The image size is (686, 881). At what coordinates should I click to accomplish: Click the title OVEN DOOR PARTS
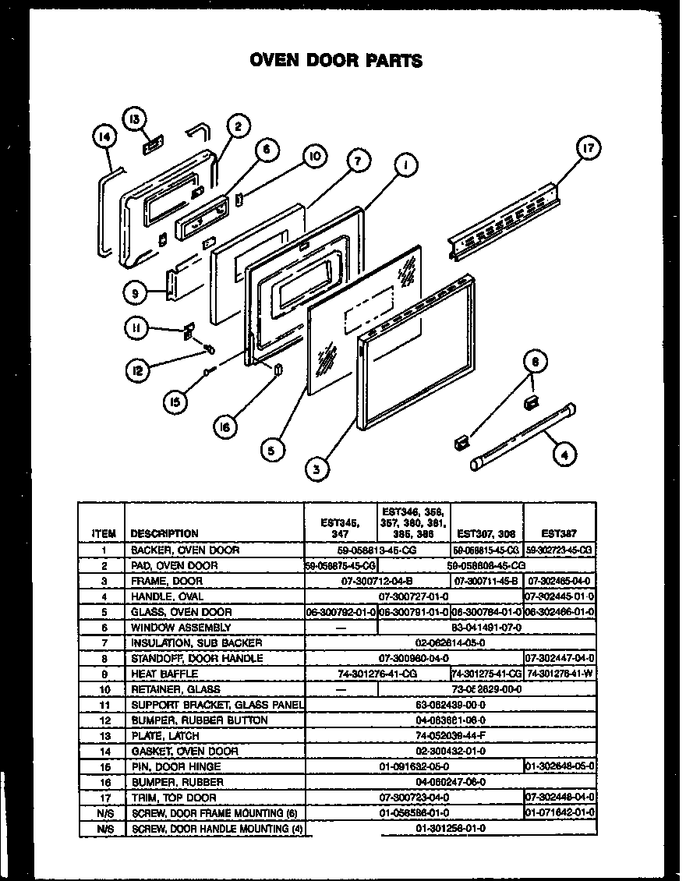[x=336, y=60]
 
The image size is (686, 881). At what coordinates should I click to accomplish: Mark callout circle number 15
[x=179, y=402]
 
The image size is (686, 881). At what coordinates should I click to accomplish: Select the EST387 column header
[x=559, y=534]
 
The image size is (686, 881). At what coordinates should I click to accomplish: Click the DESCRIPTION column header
[x=164, y=534]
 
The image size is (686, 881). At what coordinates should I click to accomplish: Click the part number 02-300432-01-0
[x=450, y=752]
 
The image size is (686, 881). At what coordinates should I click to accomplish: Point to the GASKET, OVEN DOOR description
[x=184, y=752]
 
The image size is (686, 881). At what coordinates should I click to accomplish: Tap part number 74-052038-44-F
[x=450, y=736]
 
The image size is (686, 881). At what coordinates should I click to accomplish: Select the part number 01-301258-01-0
[x=450, y=829]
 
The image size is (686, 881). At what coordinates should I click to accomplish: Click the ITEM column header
[x=103, y=534]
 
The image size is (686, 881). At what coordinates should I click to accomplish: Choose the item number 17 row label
[x=103, y=798]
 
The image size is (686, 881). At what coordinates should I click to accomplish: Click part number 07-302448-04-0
[x=559, y=798]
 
